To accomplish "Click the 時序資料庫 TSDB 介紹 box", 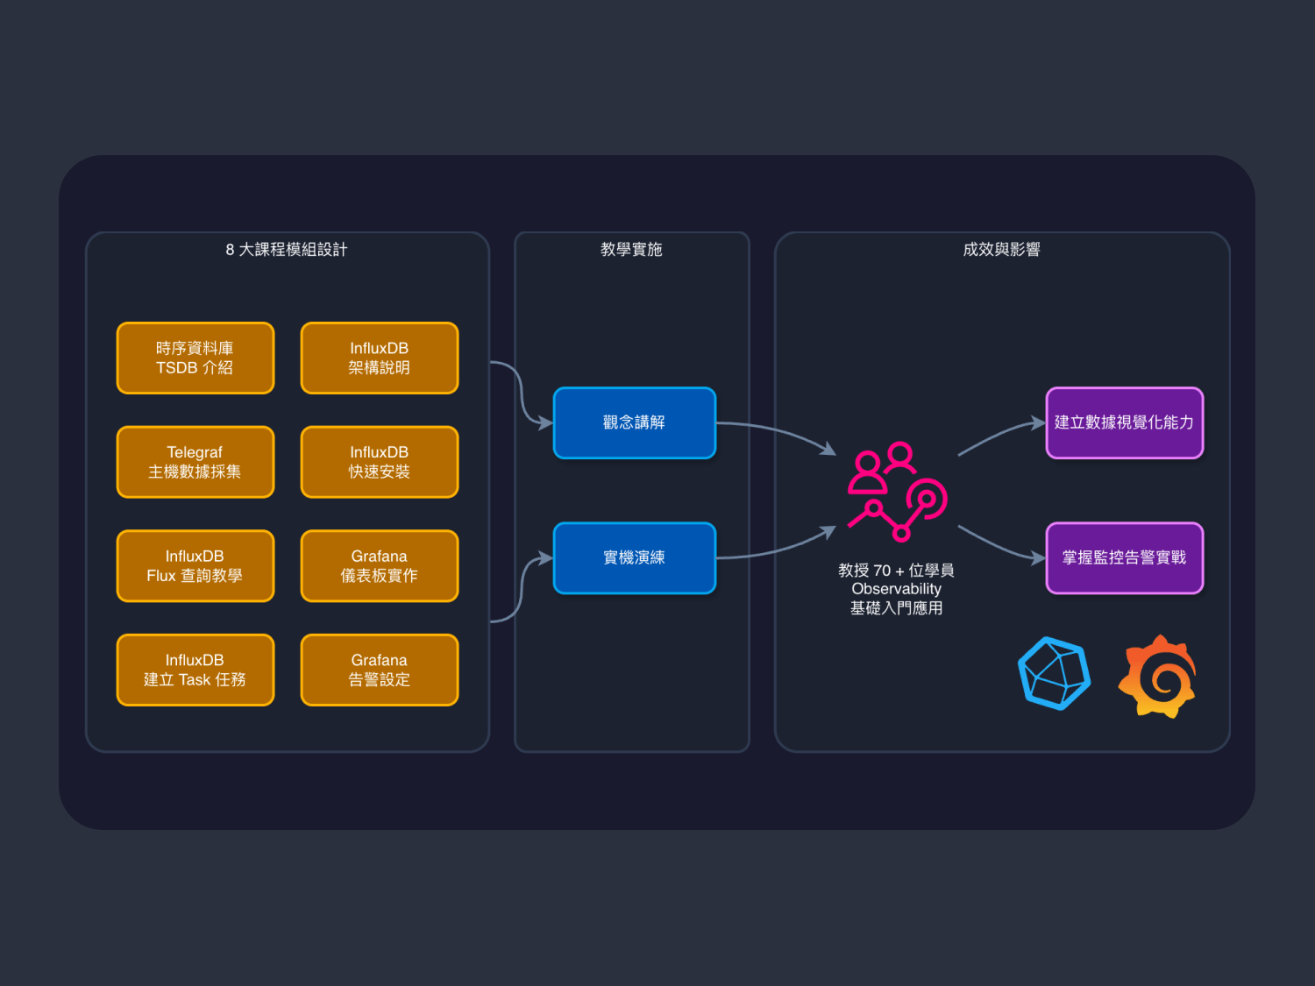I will click(195, 358).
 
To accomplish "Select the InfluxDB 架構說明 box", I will click(379, 358).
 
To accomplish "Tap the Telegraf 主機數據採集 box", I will click(195, 462).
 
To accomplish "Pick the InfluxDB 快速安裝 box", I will click(379, 462).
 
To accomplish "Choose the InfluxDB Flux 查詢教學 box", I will click(195, 565).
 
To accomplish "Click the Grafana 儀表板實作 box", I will click(379, 565).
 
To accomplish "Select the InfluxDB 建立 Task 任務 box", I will click(195, 670).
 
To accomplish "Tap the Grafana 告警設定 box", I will click(379, 670).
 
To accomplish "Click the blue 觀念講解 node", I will click(634, 422).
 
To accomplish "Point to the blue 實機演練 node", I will click(634, 557).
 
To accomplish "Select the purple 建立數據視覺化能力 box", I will click(1124, 422).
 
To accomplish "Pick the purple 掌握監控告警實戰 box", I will click(1124, 557).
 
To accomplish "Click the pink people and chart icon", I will click(897, 492).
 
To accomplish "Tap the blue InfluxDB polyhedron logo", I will click(1054, 673).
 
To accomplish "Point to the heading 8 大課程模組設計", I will click(287, 250).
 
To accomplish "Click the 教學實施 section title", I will click(631, 250).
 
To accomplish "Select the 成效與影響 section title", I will click(1001, 250).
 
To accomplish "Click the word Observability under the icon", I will click(896, 589).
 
